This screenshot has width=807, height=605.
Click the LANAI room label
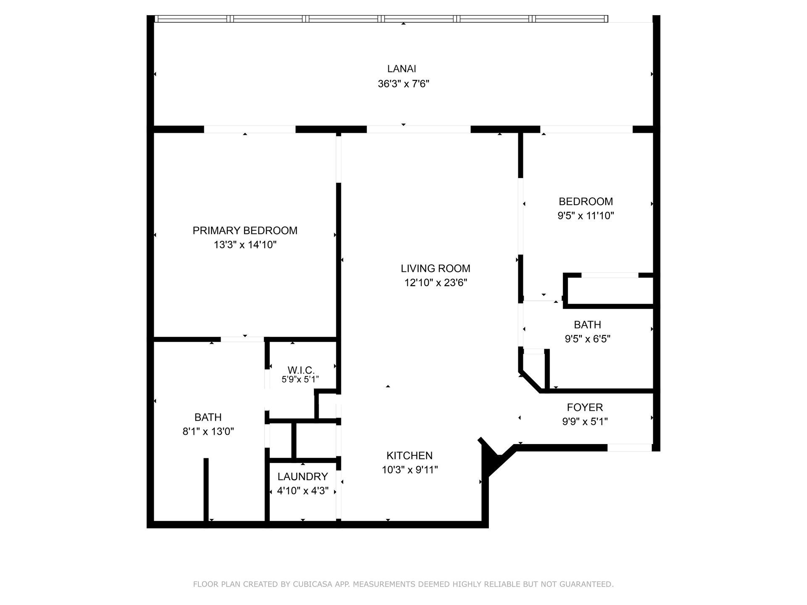[x=401, y=69]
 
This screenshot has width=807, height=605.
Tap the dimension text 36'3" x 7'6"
[x=403, y=84]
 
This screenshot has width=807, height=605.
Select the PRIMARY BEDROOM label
[x=245, y=231]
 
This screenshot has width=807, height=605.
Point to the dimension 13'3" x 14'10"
[x=245, y=245]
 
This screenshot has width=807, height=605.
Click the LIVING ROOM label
[x=435, y=268]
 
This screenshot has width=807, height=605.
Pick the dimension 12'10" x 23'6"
[x=435, y=283]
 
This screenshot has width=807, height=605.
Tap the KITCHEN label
[x=409, y=455]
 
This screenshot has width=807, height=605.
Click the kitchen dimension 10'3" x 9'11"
[x=409, y=470]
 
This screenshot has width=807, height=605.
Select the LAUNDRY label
[x=303, y=476]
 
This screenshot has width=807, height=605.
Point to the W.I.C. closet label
[x=301, y=370]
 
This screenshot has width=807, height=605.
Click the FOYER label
[x=585, y=407]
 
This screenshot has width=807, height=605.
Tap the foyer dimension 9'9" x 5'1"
[x=585, y=421]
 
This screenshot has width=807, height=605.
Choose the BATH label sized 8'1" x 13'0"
[x=208, y=417]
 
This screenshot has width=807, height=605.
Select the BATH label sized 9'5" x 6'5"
[x=587, y=325]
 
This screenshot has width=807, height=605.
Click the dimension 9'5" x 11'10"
[x=585, y=216]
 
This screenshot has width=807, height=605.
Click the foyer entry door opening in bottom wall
[x=629, y=448]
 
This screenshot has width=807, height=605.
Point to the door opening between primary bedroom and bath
[x=242, y=339]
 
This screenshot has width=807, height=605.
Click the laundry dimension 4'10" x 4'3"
[x=303, y=491]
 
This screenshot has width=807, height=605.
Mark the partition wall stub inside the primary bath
[x=206, y=489]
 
